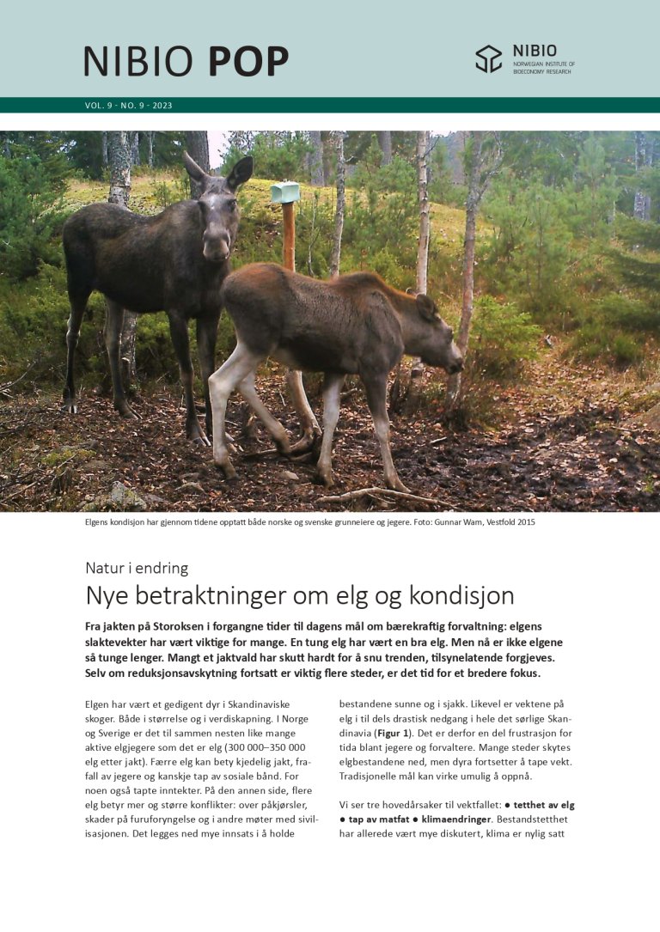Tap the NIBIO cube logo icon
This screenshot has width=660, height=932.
pyautogui.click(x=489, y=58)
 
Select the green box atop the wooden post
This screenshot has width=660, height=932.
pyautogui.click(x=285, y=192)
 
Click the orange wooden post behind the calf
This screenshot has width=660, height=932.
pyautogui.click(x=289, y=236)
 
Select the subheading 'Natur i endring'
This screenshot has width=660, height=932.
pyautogui.click(x=137, y=568)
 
